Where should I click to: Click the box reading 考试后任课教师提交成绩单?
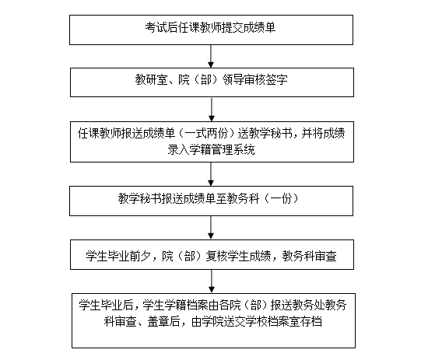click(x=211, y=30)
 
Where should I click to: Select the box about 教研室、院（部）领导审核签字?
click(x=212, y=82)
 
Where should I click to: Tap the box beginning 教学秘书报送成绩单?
click(x=211, y=201)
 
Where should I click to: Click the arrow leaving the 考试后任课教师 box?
click(x=211, y=56)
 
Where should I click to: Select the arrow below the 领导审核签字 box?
click(x=212, y=109)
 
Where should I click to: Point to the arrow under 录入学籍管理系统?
click(x=211, y=174)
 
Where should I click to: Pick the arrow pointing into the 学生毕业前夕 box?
click(x=211, y=228)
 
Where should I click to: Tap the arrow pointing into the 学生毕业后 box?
click(x=212, y=281)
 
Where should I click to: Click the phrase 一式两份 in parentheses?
click(x=206, y=133)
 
